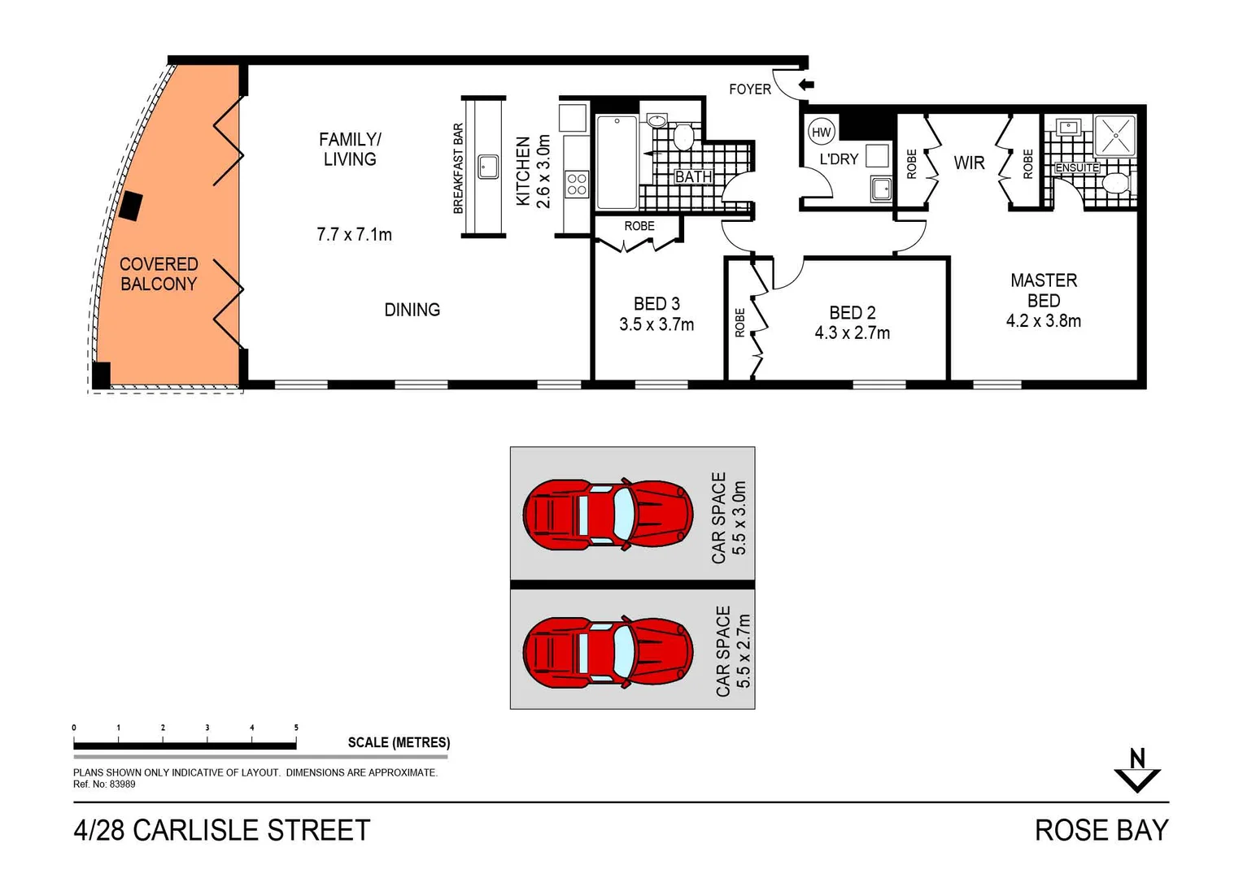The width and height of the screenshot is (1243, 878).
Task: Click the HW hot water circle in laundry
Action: click(x=822, y=133)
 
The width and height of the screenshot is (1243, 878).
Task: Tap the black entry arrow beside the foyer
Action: click(x=806, y=85)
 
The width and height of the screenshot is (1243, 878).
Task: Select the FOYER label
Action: click(x=749, y=89)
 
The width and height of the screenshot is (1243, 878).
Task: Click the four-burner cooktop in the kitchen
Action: click(x=577, y=184)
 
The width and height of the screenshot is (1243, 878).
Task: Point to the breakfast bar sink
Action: click(x=488, y=167)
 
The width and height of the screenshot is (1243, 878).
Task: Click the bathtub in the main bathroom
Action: click(x=617, y=162)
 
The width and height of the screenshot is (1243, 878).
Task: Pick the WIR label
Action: click(x=969, y=163)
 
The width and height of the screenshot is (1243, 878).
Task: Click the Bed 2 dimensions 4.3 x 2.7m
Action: click(x=852, y=333)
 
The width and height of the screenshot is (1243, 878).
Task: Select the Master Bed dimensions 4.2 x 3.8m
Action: click(x=1043, y=321)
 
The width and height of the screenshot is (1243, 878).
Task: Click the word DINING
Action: click(x=412, y=310)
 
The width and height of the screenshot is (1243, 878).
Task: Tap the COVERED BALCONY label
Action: click(x=159, y=274)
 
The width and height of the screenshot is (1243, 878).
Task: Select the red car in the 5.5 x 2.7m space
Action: click(x=607, y=653)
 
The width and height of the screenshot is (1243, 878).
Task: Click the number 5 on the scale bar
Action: click(x=296, y=728)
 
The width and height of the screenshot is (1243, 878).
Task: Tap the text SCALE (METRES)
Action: click(x=399, y=742)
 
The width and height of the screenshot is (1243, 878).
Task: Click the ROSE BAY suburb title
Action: click(x=1101, y=830)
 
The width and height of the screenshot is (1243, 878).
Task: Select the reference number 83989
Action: click(x=123, y=785)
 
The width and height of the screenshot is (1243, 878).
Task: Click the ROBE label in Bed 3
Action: click(x=639, y=226)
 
